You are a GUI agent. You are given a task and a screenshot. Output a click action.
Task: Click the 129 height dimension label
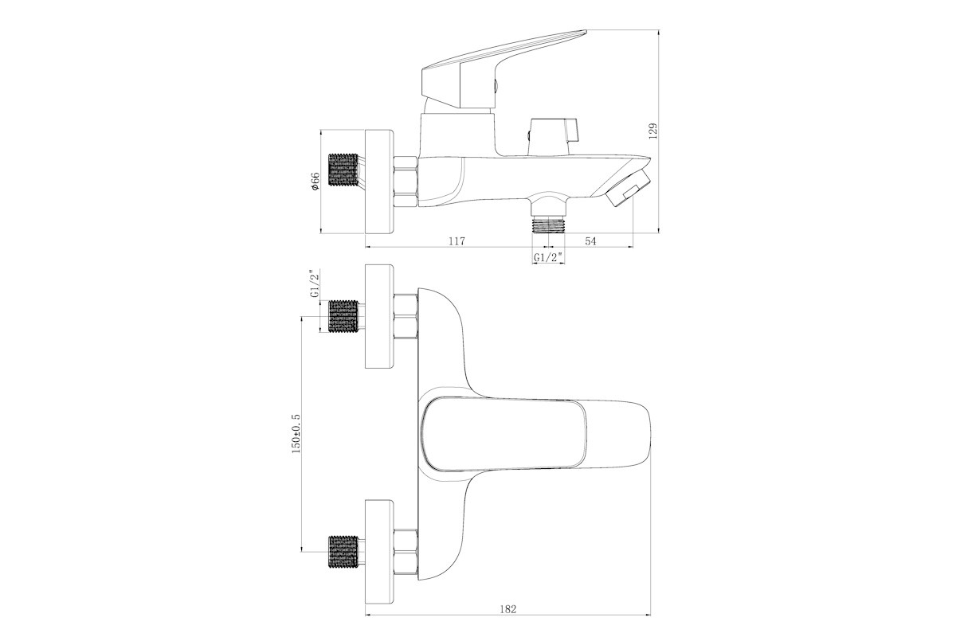tap(653, 131)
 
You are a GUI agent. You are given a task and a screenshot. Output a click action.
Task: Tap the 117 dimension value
tap(456, 241)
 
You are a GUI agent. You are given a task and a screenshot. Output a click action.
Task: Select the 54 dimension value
tap(590, 241)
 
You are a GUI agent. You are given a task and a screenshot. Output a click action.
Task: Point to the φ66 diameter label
tap(315, 181)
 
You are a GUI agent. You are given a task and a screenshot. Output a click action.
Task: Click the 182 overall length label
tap(508, 609)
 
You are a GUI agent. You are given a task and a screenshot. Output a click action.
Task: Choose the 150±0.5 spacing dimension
tap(296, 433)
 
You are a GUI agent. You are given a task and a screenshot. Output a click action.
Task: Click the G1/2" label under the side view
tap(548, 257)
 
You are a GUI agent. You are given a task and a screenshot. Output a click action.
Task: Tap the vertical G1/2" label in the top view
tap(315, 283)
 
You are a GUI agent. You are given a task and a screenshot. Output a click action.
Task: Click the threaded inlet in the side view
tap(343, 170)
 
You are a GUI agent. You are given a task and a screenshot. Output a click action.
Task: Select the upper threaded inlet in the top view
tap(343, 316)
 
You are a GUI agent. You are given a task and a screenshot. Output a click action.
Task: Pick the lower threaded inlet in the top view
tap(343, 552)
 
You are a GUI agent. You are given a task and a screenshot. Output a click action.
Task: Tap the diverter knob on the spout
tap(554, 136)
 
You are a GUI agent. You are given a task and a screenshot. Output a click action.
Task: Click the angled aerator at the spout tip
tap(625, 187)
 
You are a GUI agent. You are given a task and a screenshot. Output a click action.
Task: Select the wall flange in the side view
tap(379, 182)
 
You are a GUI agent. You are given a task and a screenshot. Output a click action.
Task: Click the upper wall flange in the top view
tap(379, 316)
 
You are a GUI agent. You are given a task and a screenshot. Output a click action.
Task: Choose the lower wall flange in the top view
tap(379, 552)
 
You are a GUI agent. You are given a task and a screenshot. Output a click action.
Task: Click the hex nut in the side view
tap(406, 182)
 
